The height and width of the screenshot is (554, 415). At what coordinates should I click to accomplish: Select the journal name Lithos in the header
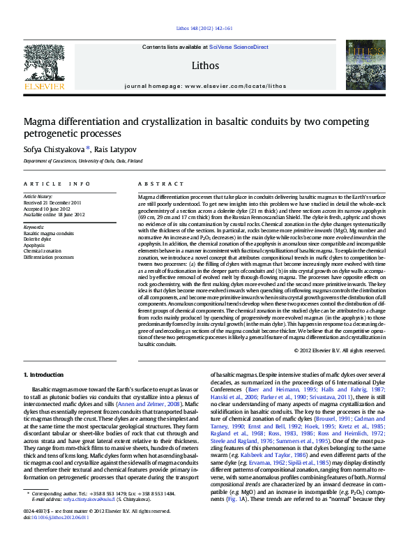pos(204,66)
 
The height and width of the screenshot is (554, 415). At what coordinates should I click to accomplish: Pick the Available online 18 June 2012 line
pos(54,215)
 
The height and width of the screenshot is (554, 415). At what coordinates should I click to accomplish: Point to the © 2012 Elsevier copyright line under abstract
pos(339,350)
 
